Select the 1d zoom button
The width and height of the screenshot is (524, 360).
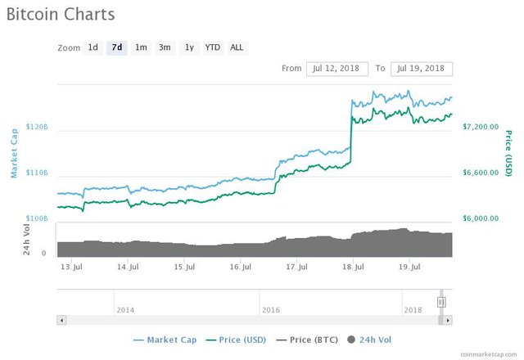click(x=93, y=47)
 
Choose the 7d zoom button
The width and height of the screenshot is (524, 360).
click(x=117, y=47)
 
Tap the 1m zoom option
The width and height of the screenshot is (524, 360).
click(x=141, y=47)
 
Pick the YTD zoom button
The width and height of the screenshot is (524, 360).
click(x=212, y=47)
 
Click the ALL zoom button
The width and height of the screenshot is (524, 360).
click(x=237, y=47)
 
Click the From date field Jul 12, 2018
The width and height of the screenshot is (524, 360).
click(x=337, y=69)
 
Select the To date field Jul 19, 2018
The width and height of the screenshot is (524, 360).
click(x=422, y=69)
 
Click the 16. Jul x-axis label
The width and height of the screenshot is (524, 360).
click(x=240, y=267)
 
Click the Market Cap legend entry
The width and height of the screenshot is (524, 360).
click(x=168, y=339)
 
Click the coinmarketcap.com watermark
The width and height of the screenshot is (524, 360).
click(x=488, y=353)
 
